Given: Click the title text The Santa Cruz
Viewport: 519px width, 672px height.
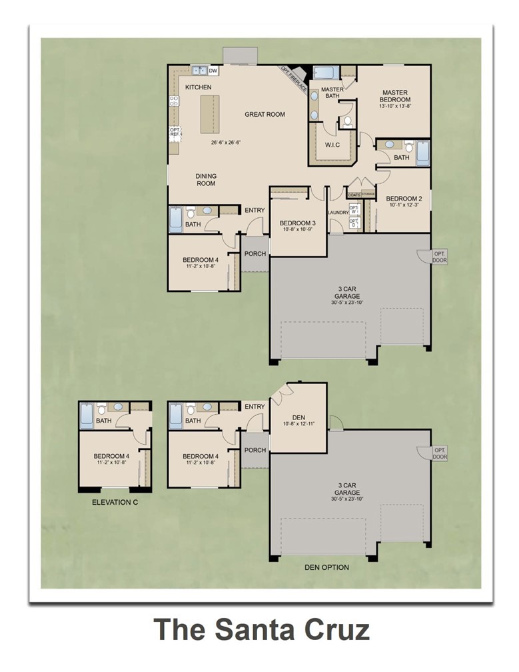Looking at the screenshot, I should pos(261,629).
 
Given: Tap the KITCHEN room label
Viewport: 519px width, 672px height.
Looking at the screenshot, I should pos(198,87).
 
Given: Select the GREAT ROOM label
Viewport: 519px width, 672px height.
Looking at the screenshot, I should pos(264,115).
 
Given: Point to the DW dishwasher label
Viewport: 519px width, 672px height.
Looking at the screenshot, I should pos(213,71).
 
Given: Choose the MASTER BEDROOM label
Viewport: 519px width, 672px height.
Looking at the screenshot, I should pos(395,96).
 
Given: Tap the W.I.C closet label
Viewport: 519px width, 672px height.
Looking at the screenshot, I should pos(332,145).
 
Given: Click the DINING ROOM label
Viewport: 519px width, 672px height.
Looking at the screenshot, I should pos(206,180).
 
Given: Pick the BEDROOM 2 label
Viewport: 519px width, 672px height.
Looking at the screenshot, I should pos(404,198).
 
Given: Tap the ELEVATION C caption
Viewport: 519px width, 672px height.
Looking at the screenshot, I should pos(115,502).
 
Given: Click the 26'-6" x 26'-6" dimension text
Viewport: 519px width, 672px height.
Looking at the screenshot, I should pos(226,143).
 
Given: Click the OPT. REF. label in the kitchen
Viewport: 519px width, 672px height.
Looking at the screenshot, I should pos(175,132).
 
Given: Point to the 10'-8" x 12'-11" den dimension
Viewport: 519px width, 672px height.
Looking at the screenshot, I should pos(298,425).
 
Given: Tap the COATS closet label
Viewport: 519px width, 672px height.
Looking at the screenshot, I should pos(354,195).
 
